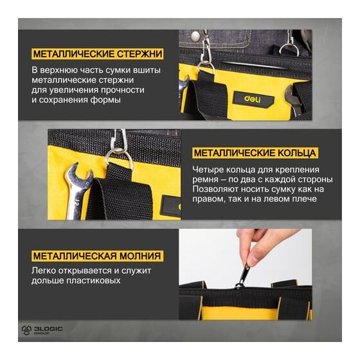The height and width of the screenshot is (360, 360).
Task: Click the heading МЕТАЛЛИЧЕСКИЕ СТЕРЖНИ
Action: click(x=98, y=54)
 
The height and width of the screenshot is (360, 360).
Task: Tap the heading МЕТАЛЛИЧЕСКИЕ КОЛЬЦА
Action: click(x=255, y=153)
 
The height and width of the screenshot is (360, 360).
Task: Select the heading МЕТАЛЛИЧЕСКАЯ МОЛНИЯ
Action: click(x=97, y=256)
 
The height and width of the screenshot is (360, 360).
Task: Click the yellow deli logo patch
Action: click(x=254, y=100)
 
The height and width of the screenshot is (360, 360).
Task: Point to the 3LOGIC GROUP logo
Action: click(x=42, y=330)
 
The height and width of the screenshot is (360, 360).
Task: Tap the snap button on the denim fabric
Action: click(x=195, y=36)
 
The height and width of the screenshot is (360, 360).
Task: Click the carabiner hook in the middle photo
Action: click(x=117, y=139)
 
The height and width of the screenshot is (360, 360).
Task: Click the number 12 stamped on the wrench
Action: click(x=78, y=204)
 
